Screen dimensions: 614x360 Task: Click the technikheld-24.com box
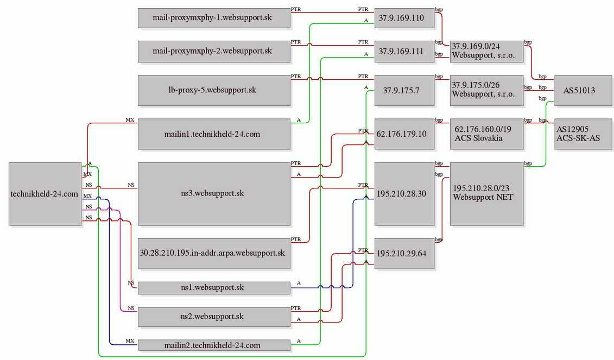point(45,193)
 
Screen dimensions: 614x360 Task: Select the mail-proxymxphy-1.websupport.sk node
point(214,18)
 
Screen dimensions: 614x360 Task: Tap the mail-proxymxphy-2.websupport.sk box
point(214,52)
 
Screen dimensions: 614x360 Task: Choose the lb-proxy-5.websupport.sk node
point(214,90)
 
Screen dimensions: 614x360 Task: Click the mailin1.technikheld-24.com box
point(214,134)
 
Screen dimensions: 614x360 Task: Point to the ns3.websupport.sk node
point(214,193)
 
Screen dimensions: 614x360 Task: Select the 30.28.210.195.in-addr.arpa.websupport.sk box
point(214,253)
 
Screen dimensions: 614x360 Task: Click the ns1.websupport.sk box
point(214,288)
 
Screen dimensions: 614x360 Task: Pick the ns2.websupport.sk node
point(214,317)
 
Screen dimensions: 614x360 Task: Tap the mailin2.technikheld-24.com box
point(214,345)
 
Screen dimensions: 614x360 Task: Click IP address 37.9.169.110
point(404,18)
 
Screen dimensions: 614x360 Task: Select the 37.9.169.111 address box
point(404,52)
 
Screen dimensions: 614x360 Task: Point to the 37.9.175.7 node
point(404,90)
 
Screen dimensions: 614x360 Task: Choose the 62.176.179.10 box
point(404,134)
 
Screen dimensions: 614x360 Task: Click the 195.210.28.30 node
point(404,193)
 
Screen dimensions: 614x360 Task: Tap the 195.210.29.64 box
point(404,253)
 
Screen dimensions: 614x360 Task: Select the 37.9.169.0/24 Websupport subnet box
point(486,52)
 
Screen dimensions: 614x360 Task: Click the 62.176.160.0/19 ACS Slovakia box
point(486,134)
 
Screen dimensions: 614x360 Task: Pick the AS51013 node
point(583,90)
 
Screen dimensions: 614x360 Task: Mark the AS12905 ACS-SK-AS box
point(583,134)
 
